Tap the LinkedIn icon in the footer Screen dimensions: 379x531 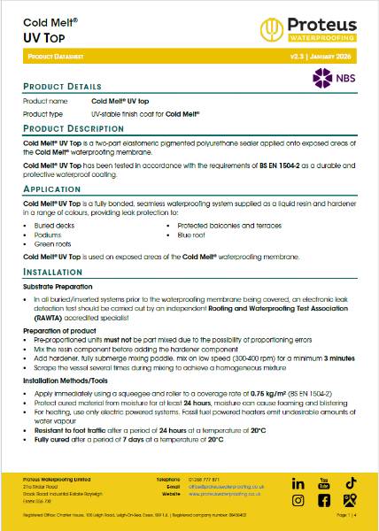coord(298,484)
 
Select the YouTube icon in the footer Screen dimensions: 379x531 coord(324,484)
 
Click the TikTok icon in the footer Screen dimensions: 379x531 coord(350,483)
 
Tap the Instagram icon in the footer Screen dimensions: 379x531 coord(298,500)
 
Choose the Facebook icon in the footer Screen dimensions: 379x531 coord(324,500)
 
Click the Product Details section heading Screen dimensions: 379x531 coord(60,88)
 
